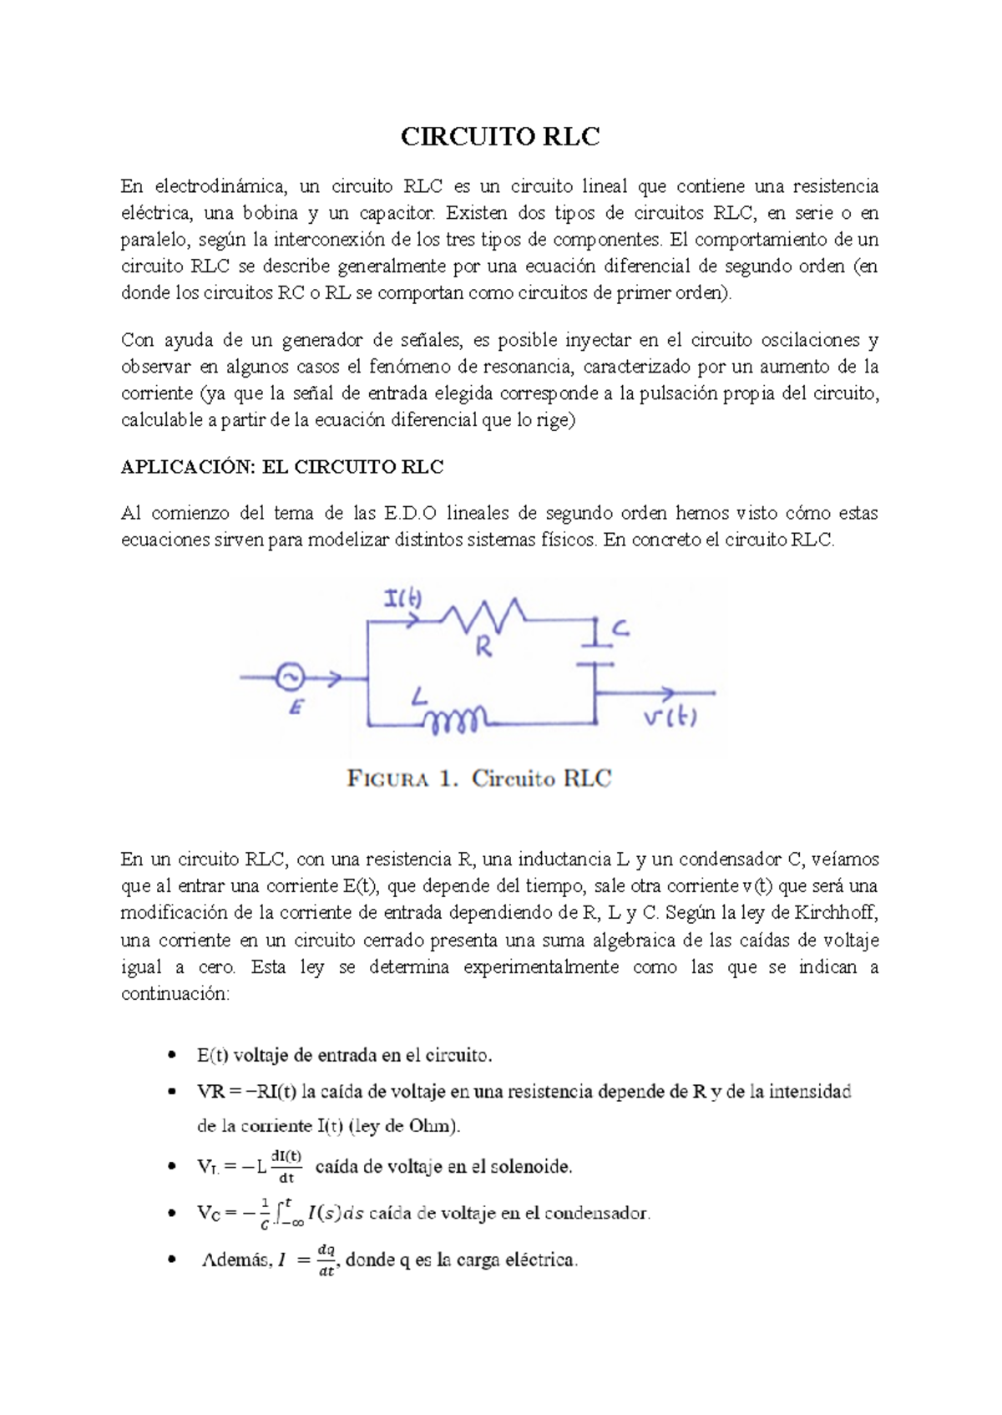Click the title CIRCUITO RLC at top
point(500,137)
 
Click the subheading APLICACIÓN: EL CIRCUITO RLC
point(282,467)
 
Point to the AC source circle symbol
point(290,677)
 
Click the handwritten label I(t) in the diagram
point(402,599)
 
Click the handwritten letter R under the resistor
point(483,647)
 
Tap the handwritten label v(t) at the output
point(670,718)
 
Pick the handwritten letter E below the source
point(296,708)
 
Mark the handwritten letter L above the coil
point(419,696)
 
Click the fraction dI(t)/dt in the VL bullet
point(286,1167)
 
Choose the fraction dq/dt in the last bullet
point(326,1260)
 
